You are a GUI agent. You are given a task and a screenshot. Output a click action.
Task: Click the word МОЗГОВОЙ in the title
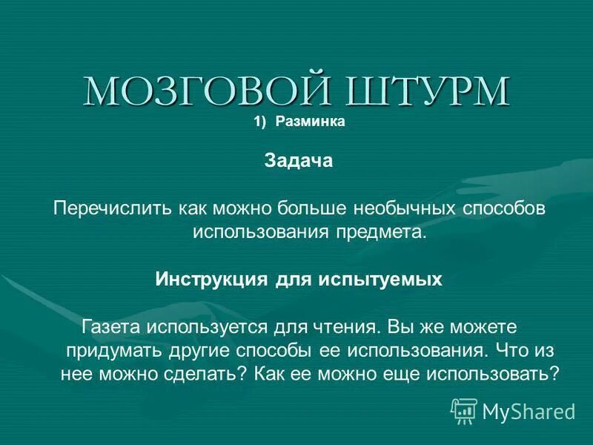[191, 91]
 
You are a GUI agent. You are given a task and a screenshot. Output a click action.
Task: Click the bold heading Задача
[299, 161]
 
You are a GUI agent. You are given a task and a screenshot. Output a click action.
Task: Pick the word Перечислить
[112, 208]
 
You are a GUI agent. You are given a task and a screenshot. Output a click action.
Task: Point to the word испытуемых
[380, 279]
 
